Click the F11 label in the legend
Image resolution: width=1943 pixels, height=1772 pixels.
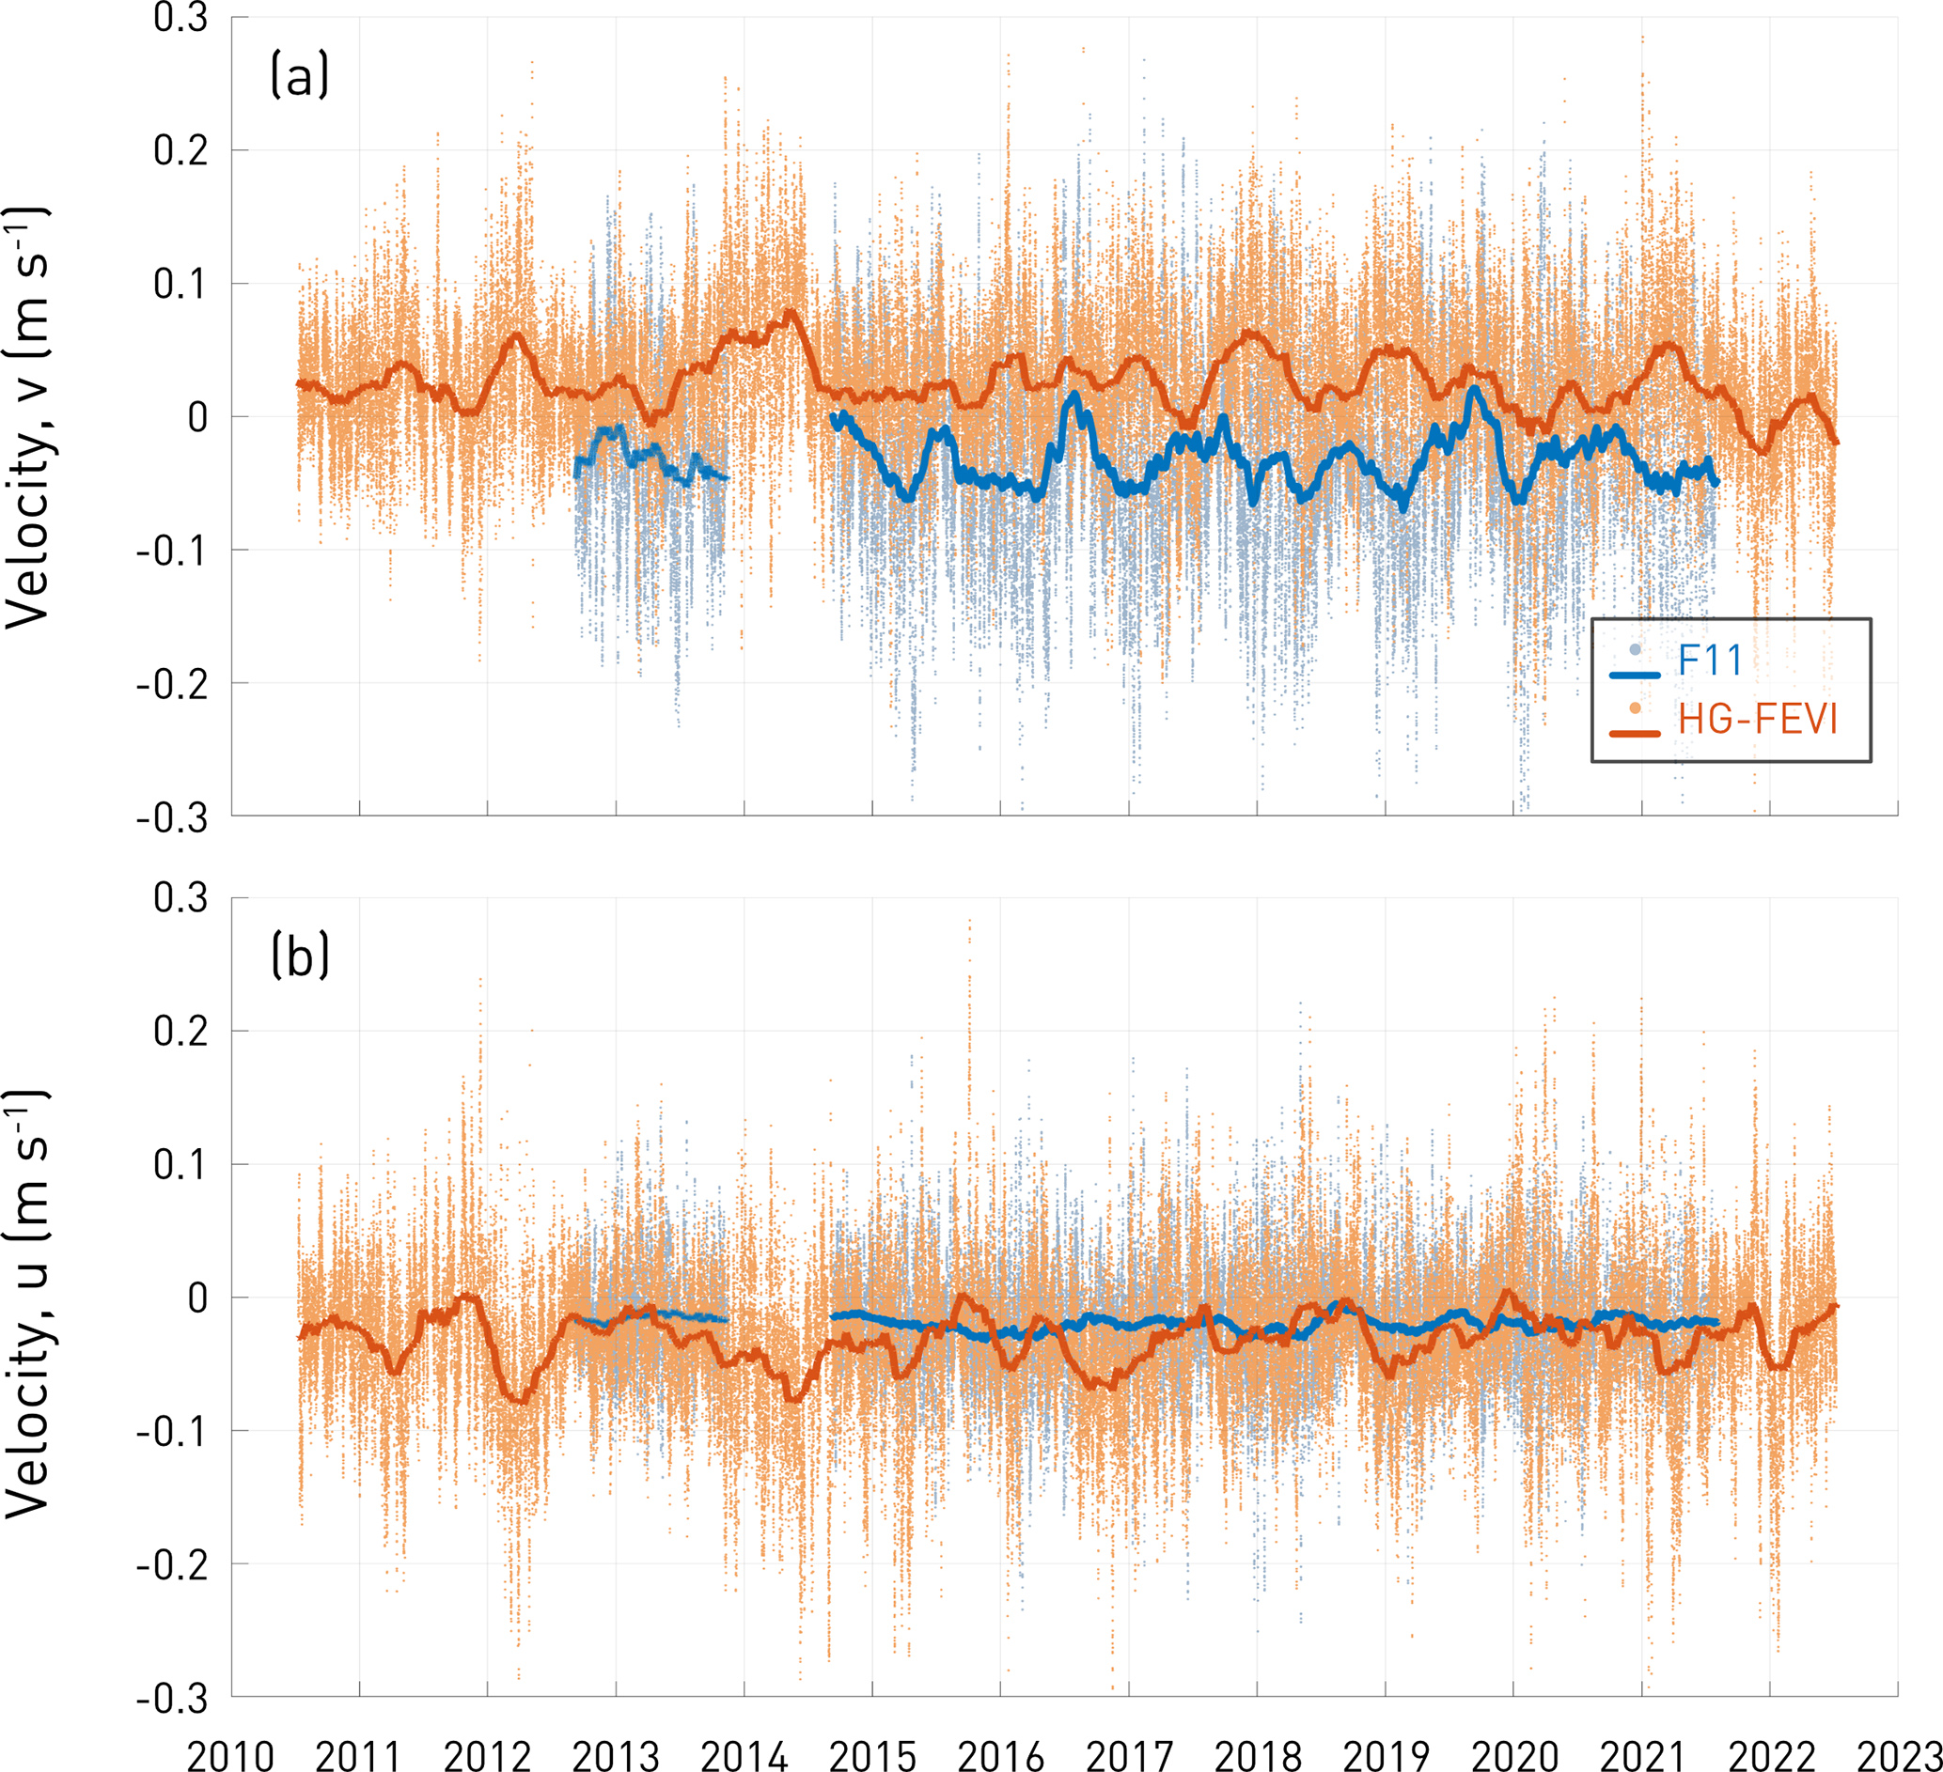click(1711, 661)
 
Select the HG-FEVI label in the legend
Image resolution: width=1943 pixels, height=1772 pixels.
click(1758, 720)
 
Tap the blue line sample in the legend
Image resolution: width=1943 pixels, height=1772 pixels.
click(1635, 676)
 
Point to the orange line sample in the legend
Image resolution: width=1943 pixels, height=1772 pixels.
click(1635, 734)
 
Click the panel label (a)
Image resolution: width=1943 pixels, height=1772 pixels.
click(300, 76)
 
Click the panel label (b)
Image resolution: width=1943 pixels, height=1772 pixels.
click(300, 956)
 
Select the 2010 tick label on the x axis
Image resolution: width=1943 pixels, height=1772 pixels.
click(231, 1752)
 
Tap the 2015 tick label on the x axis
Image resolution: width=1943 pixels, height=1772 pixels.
click(872, 1752)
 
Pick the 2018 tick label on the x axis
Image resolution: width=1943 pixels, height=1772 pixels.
click(1257, 1752)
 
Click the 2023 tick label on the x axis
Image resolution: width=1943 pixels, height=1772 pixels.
click(1898, 1752)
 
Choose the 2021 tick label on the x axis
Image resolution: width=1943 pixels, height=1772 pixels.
click(1641, 1752)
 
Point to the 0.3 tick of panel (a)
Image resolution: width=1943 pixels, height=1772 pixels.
click(181, 18)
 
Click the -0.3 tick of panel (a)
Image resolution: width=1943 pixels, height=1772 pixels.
click(173, 818)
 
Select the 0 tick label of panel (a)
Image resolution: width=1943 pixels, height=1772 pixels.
click(197, 418)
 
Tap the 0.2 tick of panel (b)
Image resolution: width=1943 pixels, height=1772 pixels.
click(181, 1032)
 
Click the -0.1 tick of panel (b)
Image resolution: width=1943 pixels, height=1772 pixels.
click(173, 1432)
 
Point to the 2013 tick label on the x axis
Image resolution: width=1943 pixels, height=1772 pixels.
click(616, 1752)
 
